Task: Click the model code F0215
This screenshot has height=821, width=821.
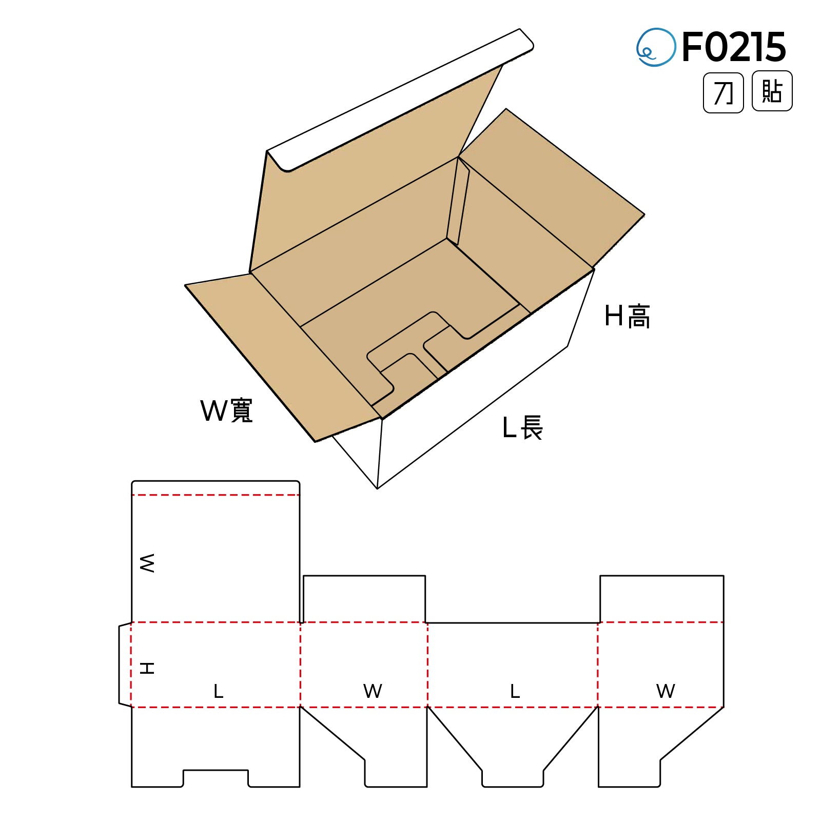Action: (734, 47)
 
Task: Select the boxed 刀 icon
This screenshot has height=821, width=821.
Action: (723, 93)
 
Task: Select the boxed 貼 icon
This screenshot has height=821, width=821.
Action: (772, 92)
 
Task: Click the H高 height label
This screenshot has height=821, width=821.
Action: (627, 316)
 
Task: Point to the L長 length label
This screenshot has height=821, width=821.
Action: (522, 427)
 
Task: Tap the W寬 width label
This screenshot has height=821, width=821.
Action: (226, 411)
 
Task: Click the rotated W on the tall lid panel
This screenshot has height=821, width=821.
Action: (147, 563)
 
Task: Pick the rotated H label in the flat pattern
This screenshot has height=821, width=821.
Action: (147, 668)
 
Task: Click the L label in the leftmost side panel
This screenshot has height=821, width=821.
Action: (219, 691)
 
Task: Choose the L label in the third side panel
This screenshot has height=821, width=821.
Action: (515, 691)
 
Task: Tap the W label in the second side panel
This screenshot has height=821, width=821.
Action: (373, 691)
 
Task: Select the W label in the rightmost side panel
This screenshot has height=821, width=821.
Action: (666, 691)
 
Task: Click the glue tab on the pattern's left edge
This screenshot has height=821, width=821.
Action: (125, 664)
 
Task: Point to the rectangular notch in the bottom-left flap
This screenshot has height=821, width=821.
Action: (216, 778)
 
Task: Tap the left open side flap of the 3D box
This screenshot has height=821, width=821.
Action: (277, 354)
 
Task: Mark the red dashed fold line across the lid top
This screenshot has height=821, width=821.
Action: (216, 495)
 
